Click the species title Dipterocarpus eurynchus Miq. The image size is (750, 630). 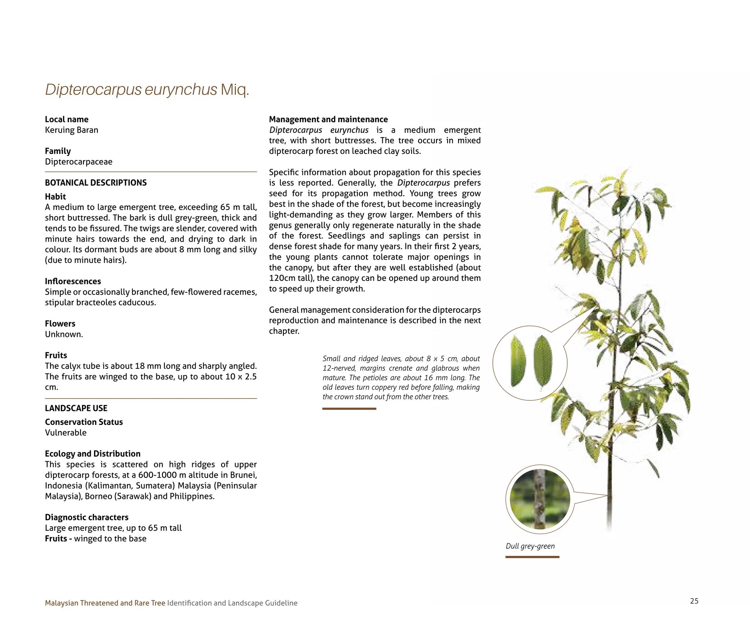click(x=147, y=90)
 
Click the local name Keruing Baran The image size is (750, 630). click(x=71, y=130)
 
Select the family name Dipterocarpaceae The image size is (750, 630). click(x=79, y=162)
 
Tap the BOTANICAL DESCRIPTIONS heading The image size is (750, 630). click(x=96, y=183)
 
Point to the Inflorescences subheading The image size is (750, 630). click(x=73, y=281)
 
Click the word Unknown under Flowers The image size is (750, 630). click(x=64, y=334)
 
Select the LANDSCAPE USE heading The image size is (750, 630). click(x=76, y=408)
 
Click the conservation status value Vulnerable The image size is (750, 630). click(x=66, y=433)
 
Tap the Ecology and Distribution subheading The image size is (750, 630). click(x=93, y=453)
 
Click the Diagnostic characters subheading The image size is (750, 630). click(x=87, y=517)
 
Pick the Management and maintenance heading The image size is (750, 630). click(x=328, y=119)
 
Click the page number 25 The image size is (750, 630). click(x=694, y=601)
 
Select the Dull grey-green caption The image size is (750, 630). click(x=530, y=546)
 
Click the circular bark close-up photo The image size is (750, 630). click(x=540, y=499)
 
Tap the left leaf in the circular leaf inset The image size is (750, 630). click(x=518, y=362)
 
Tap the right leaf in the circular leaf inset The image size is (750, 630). click(x=543, y=361)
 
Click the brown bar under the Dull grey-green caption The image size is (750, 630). click(x=532, y=557)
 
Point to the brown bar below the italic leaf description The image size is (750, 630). click(x=349, y=409)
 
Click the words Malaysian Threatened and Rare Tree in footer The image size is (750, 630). click(x=105, y=603)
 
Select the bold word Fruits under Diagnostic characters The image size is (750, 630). click(x=56, y=538)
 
